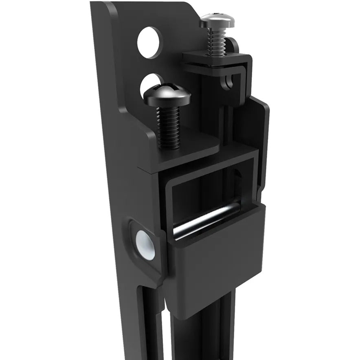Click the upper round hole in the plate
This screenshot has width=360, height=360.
tap(149, 42)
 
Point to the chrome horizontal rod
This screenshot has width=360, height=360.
tap(204, 220)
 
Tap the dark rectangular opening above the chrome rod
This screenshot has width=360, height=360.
tap(200, 191)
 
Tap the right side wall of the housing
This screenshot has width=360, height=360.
tap(263, 143)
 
